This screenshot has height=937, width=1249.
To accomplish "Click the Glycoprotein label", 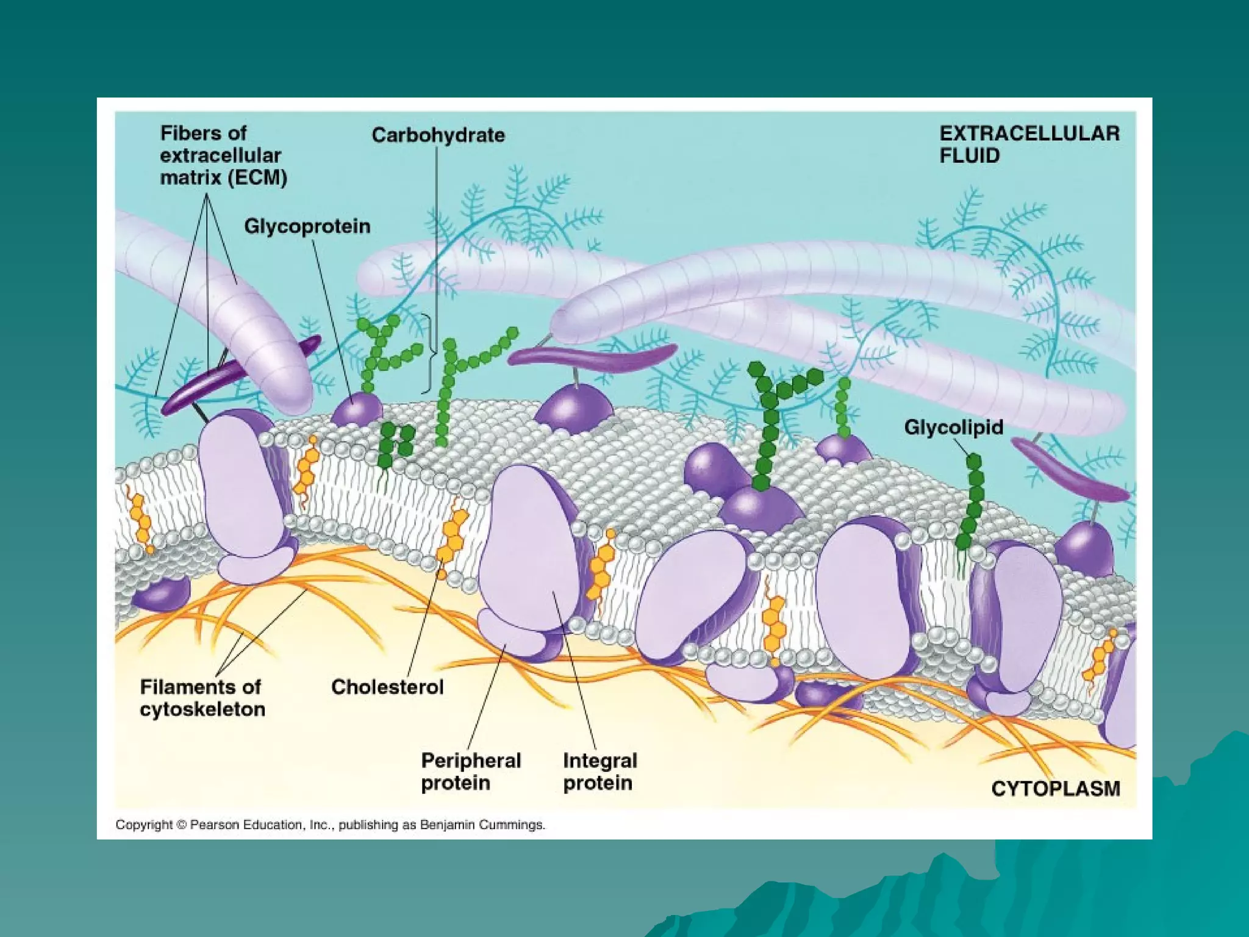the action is tap(307, 226).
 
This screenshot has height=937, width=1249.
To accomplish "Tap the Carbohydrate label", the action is tap(438, 135).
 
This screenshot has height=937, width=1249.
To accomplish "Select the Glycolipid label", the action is tap(953, 427).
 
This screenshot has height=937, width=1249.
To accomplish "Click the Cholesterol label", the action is tap(387, 687).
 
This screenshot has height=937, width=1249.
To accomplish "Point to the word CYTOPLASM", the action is tap(1056, 789).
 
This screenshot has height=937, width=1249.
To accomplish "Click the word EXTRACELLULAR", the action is tap(1029, 134).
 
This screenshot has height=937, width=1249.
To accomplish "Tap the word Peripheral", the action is tap(471, 761).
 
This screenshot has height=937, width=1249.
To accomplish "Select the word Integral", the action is tap(600, 761).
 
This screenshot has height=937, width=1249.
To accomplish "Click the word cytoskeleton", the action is tap(202, 709).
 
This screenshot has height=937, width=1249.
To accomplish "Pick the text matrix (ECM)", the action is tap(223, 178).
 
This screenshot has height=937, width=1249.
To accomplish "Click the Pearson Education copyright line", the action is tap(331, 825).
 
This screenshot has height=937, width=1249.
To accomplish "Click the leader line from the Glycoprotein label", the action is tap(332, 317).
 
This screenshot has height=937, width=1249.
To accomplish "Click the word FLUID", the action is tap(969, 156).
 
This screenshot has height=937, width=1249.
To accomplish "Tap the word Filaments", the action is tap(201, 687).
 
